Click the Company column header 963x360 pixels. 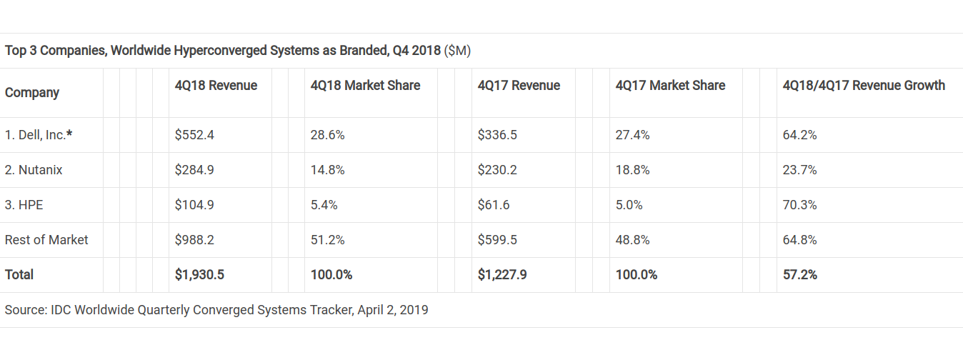pyautogui.click(x=32, y=93)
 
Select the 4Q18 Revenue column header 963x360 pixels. pyautogui.click(x=216, y=86)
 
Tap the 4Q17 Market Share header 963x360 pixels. pyautogui.click(x=670, y=86)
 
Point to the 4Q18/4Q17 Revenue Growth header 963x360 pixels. pyautogui.click(x=864, y=86)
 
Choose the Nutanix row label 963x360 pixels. pyautogui.click(x=34, y=170)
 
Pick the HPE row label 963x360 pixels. pyautogui.click(x=24, y=205)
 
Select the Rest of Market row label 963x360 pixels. pyautogui.click(x=46, y=240)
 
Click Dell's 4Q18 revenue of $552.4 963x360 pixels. pyautogui.click(x=194, y=135)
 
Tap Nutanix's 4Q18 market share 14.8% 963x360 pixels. pyautogui.click(x=328, y=170)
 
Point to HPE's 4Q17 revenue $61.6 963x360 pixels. pyautogui.click(x=494, y=205)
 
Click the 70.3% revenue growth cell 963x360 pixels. pyautogui.click(x=800, y=205)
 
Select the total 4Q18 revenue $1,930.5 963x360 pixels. pyautogui.click(x=199, y=275)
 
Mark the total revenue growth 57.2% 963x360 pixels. pyautogui.click(x=800, y=275)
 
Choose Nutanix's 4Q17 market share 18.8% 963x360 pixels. pyautogui.click(x=632, y=170)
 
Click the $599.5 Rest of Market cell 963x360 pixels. pyautogui.click(x=497, y=240)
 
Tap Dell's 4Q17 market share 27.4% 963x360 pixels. pyautogui.click(x=632, y=135)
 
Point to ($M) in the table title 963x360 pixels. pyautogui.click(x=457, y=51)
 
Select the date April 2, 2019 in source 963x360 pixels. pyautogui.click(x=394, y=310)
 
